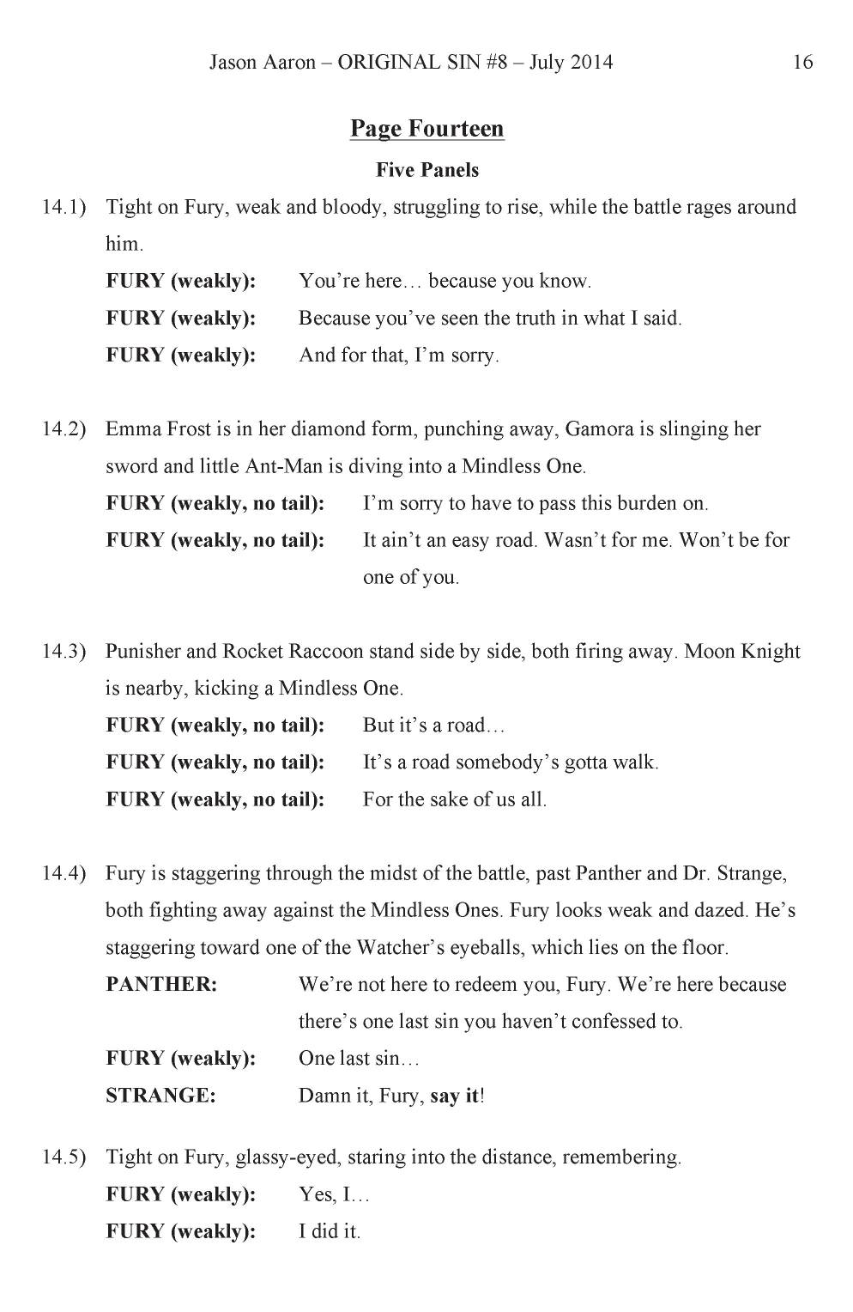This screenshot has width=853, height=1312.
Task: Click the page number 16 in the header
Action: pyautogui.click(x=802, y=62)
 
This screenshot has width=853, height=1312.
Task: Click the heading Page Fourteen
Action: pyautogui.click(x=426, y=129)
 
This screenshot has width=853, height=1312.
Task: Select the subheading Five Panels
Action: pyautogui.click(x=426, y=170)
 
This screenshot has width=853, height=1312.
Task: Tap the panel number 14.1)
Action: pyautogui.click(x=64, y=207)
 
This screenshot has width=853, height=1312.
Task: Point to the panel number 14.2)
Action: pyautogui.click(x=64, y=429)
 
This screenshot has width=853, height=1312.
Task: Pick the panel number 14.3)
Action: pyautogui.click(x=64, y=651)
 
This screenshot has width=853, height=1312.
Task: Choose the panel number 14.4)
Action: pyautogui.click(x=64, y=873)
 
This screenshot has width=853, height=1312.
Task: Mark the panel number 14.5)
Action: pyautogui.click(x=64, y=1157)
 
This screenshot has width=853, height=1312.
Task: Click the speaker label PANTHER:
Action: pyautogui.click(x=161, y=984)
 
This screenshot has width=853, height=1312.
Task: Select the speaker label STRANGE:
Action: pyautogui.click(x=160, y=1096)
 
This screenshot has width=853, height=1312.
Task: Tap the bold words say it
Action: pyautogui.click(x=454, y=1096)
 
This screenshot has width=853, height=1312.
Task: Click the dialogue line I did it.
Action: pyautogui.click(x=330, y=1231)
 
